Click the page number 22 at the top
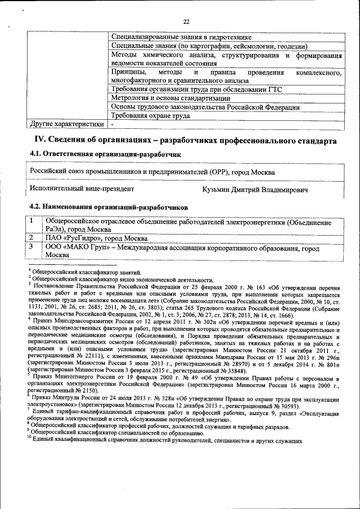click(187, 22)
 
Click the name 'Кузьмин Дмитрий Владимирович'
click(255, 190)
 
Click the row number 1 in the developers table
click(33, 222)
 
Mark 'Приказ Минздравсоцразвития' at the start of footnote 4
click(79, 335)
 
